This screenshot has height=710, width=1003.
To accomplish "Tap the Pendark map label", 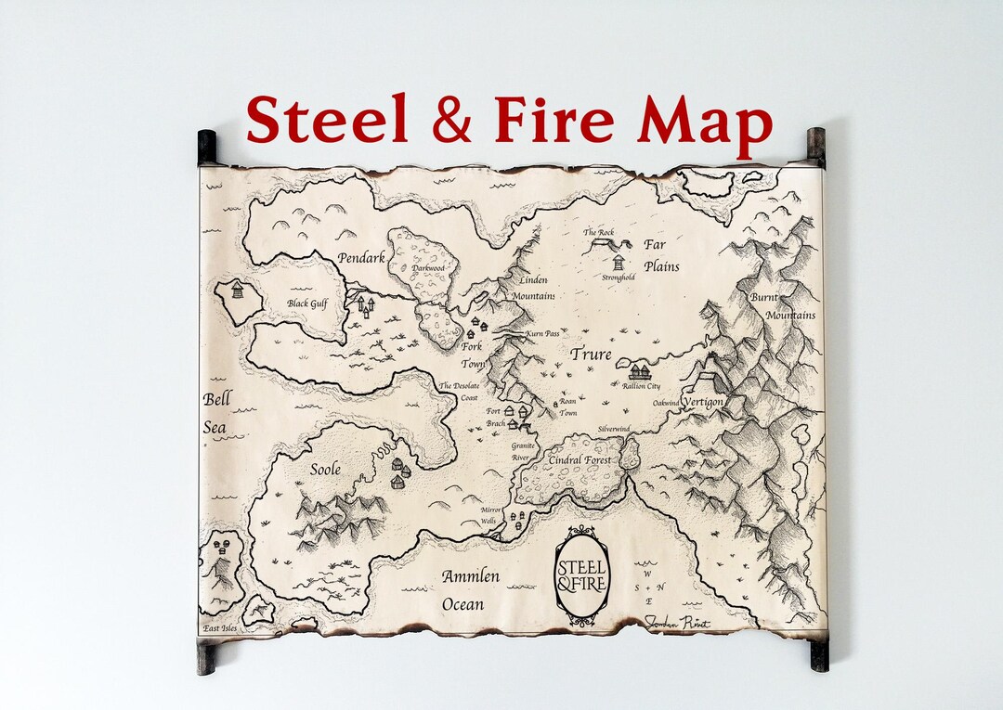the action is click(362, 257).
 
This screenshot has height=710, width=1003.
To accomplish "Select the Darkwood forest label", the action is click(429, 268).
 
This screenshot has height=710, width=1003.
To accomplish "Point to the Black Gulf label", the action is click(307, 303).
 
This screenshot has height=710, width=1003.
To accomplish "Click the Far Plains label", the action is click(661, 255).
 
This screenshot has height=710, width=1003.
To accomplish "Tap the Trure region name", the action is click(591, 355).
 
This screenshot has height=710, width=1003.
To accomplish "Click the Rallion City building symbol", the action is click(640, 372).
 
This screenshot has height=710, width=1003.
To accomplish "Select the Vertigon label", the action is click(703, 401).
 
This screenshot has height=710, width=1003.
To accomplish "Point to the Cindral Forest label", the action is click(580, 459).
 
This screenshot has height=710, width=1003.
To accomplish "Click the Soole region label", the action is click(324, 469).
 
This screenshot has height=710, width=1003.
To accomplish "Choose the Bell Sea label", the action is click(216, 414).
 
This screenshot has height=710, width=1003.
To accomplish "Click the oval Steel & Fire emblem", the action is click(581, 574).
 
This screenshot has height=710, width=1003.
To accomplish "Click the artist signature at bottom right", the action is click(677, 623).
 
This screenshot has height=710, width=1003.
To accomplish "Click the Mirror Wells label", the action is click(490, 516).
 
